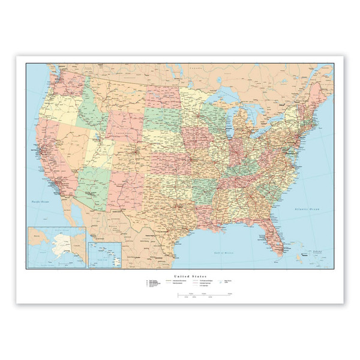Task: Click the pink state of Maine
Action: pos(319,93)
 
